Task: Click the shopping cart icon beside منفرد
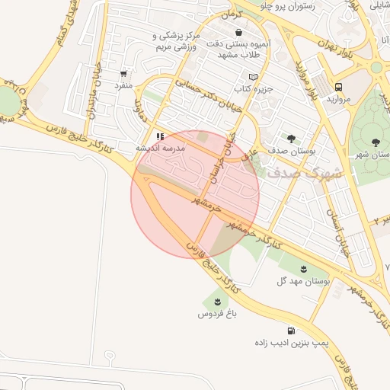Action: click(x=123, y=74)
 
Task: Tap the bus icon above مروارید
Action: click(x=338, y=86)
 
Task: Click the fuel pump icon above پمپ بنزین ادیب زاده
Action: click(x=291, y=331)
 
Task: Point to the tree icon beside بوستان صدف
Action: click(x=292, y=138)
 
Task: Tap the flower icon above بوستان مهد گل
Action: click(x=304, y=269)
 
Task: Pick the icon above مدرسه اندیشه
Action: click(x=160, y=136)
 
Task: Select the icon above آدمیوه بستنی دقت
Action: click(x=240, y=33)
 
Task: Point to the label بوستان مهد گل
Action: click(x=303, y=282)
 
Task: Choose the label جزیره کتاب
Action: click(x=252, y=91)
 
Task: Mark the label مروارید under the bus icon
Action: click(x=338, y=100)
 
